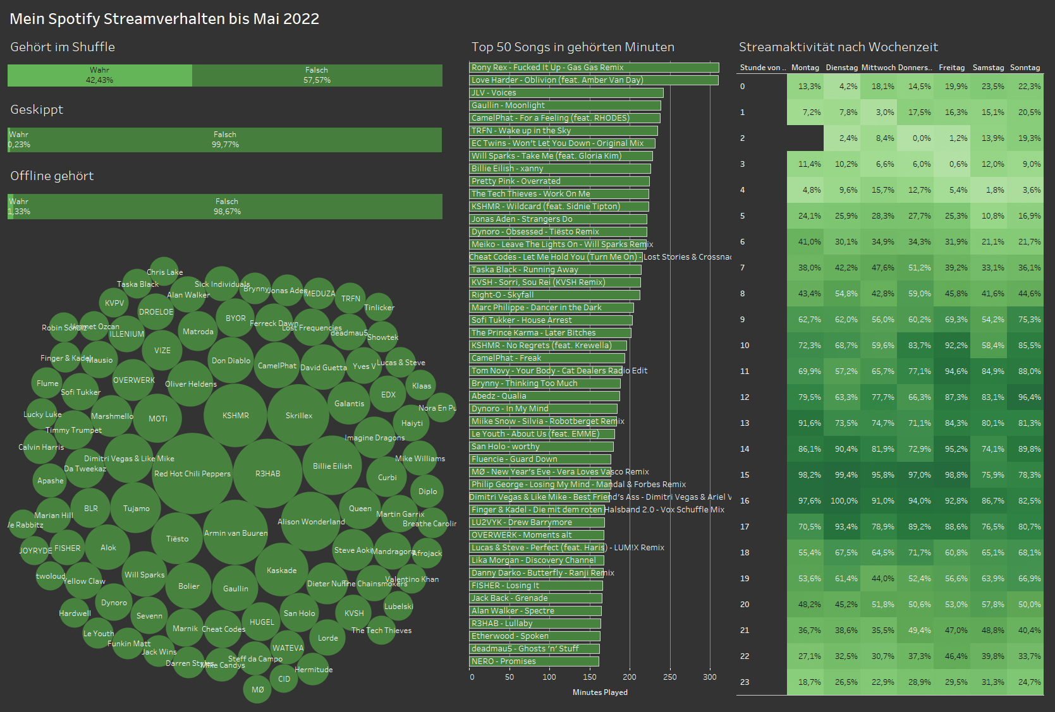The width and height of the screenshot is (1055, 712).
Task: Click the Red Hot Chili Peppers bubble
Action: point(192,473)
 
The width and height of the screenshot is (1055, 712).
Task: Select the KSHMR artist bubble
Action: point(235,415)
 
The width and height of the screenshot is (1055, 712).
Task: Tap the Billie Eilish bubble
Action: point(332,466)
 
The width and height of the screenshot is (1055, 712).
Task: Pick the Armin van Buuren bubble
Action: point(236,533)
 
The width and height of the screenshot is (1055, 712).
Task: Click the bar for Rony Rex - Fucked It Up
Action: point(594,68)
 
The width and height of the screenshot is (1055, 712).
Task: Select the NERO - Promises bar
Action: point(534,661)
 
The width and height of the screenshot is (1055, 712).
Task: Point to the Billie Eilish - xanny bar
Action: point(559,169)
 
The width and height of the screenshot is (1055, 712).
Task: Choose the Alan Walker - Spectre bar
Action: point(535,611)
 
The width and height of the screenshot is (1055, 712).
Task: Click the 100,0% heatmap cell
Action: point(843,500)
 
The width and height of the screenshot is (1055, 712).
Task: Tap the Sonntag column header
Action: point(1025,68)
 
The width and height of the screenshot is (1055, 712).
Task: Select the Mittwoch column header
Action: point(878,68)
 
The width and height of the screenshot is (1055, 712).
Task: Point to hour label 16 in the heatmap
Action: point(745,500)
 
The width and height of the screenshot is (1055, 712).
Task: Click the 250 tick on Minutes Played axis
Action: point(670,677)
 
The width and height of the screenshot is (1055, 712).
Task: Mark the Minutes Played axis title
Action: point(600,692)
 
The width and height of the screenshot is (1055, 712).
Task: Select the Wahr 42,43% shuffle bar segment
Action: point(100,75)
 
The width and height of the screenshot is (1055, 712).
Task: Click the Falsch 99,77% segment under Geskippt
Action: point(225,140)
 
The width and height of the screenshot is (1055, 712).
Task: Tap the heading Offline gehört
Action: point(52,176)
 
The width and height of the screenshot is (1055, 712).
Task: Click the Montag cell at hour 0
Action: point(805,87)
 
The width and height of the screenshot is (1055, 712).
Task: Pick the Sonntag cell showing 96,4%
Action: point(1025,397)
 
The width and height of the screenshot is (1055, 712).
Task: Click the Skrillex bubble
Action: point(299,415)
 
